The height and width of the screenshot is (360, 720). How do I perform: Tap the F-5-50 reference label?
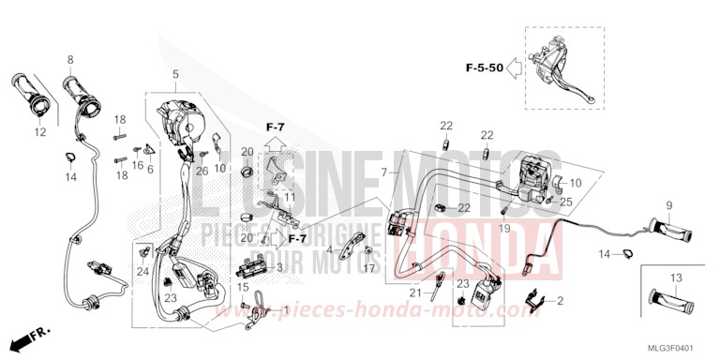[x=484, y=67]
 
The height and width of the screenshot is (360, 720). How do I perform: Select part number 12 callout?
[x=40, y=133]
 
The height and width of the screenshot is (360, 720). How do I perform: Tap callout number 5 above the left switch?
[x=173, y=73]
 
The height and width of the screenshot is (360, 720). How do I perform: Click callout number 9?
[x=669, y=205]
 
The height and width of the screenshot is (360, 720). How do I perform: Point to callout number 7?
[x=384, y=172]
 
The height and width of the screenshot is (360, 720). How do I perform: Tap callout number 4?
[x=329, y=249]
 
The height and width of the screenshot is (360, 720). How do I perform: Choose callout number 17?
[x=369, y=268]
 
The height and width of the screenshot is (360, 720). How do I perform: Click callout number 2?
[x=560, y=301]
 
